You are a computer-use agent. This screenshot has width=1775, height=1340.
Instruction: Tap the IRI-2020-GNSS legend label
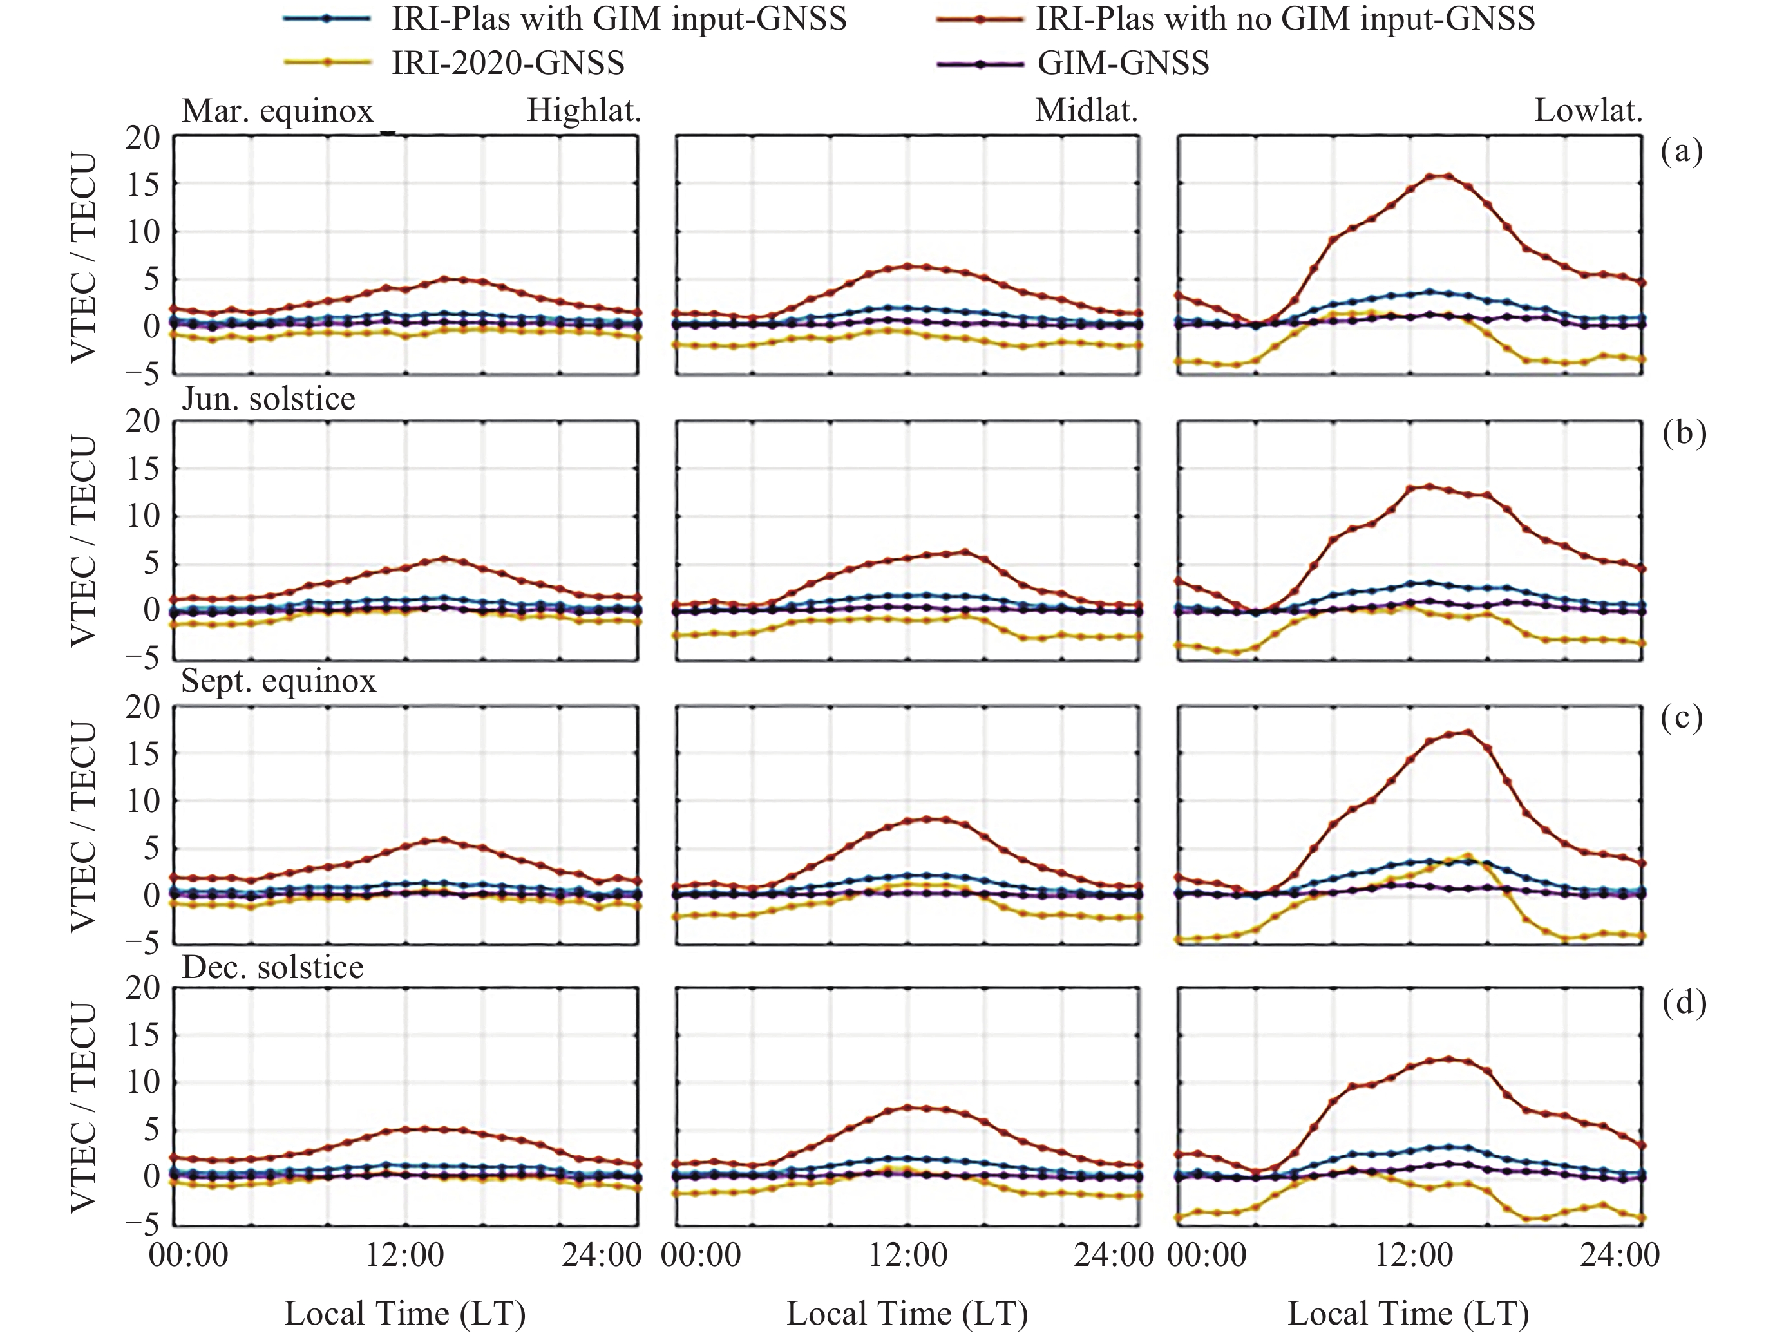click(x=507, y=62)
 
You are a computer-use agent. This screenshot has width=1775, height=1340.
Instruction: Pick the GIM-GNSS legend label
click(x=1123, y=62)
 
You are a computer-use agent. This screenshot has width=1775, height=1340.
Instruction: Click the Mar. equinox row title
click(x=278, y=111)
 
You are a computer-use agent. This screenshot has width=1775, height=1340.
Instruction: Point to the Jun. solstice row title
click(x=268, y=398)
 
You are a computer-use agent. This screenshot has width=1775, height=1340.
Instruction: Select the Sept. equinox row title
click(x=278, y=681)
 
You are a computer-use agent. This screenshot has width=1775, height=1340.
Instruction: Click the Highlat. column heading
click(x=584, y=111)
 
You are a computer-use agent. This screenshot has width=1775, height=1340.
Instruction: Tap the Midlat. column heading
click(x=1087, y=111)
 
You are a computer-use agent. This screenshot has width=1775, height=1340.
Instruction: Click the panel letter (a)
click(x=1682, y=151)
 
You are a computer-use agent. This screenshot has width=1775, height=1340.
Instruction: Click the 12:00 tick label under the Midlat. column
click(x=907, y=1255)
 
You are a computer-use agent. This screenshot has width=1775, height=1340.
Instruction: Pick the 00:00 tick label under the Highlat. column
click(x=189, y=1255)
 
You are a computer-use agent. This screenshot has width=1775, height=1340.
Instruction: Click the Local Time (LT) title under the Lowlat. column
click(x=1409, y=1314)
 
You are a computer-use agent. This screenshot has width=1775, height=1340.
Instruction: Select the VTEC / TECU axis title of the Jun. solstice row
click(x=84, y=541)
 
